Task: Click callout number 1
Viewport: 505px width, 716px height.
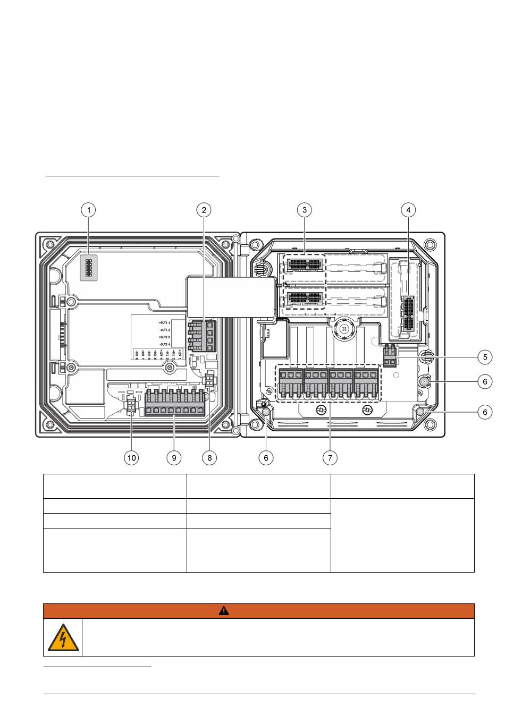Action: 89,210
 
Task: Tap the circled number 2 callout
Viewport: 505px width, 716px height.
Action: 204,210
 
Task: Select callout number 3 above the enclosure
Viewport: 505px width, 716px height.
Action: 305,210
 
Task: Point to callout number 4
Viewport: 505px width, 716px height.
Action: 408,210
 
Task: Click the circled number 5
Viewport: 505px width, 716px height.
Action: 485,357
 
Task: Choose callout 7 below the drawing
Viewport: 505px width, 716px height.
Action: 330,457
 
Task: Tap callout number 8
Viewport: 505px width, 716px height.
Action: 209,457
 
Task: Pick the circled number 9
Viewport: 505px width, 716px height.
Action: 173,457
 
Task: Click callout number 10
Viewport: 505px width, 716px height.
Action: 131,457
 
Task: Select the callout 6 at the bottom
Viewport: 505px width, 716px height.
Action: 266,457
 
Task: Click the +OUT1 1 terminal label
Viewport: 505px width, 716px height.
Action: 164,323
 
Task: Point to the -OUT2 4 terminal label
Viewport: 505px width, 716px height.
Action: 164,344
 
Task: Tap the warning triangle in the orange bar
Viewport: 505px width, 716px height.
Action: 224,611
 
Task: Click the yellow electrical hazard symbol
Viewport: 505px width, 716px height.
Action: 63,637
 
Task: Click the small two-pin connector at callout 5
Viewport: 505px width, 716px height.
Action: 390,355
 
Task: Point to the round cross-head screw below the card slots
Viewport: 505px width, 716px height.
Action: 344,329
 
